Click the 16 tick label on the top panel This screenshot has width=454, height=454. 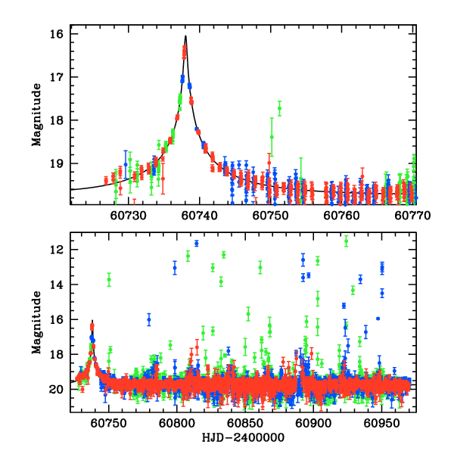pos(56,34)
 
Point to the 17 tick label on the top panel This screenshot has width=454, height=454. pos(56,77)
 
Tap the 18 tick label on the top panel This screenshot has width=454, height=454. pos(56,120)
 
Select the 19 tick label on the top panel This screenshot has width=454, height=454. pos(56,163)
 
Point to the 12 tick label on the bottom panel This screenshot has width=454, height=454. pos(56,250)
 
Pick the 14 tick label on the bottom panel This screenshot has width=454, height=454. pos(56,285)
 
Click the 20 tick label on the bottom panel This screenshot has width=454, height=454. pos(56,390)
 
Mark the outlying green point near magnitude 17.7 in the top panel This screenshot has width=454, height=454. pos(279,108)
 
